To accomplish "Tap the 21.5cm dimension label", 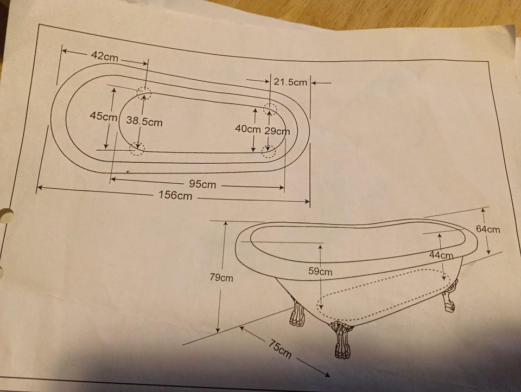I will coord(290,82).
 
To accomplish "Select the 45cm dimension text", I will coord(104,117).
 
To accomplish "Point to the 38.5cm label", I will coord(144,121).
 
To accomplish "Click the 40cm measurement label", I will coord(247,128).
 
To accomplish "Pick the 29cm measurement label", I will coord(277,131).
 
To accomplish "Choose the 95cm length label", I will coord(202,184).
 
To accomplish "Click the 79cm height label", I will coord(221,278).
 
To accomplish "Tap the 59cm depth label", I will coord(320,271).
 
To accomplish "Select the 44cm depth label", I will coord(441,255).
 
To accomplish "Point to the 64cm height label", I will coord(488,229).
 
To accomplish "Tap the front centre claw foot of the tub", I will coord(341,340).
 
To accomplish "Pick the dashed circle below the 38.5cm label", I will coord(137,149).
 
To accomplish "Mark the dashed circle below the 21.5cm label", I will coord(270,107).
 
